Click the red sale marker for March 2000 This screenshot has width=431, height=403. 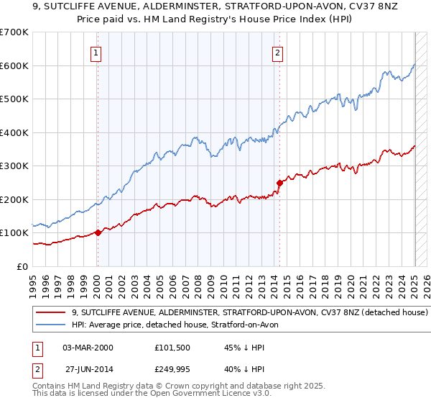[98, 232]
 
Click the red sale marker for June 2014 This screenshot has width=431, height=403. [279, 183]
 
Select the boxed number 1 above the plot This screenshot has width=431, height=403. [96, 52]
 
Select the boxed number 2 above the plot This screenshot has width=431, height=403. [277, 52]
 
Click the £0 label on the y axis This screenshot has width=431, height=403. [23, 266]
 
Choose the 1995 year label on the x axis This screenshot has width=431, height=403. [33, 281]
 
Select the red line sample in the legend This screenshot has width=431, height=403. [51, 313]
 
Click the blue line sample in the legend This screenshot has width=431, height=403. [51, 325]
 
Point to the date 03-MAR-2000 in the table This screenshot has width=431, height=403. [88, 348]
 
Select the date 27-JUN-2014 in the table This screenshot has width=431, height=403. [88, 371]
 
